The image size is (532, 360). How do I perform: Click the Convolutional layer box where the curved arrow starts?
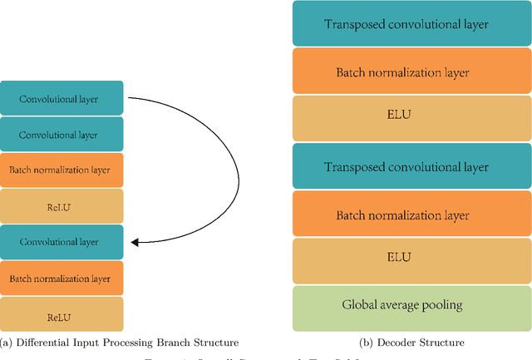(x=62, y=98)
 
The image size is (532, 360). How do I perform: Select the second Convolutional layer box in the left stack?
(x=62, y=134)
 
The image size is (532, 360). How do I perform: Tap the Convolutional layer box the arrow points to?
(x=62, y=242)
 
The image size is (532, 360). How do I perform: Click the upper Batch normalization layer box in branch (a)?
(x=62, y=170)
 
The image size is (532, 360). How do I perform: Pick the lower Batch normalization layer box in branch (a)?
(x=62, y=278)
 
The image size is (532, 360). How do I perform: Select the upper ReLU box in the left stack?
(x=62, y=206)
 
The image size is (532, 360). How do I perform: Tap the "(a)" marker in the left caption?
(x=7, y=343)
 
